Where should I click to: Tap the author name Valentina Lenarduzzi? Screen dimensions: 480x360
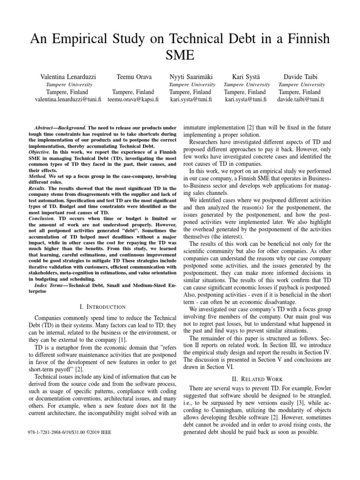point(68,76)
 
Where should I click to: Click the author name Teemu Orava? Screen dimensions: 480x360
point(133,76)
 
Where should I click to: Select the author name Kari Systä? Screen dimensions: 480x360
point(246,76)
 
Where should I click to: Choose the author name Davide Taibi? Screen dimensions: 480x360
point(300,76)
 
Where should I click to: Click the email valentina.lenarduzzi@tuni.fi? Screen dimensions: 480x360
point(68,99)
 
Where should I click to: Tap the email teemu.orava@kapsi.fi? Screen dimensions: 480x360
point(133,99)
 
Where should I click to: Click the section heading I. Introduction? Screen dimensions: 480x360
point(103,307)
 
